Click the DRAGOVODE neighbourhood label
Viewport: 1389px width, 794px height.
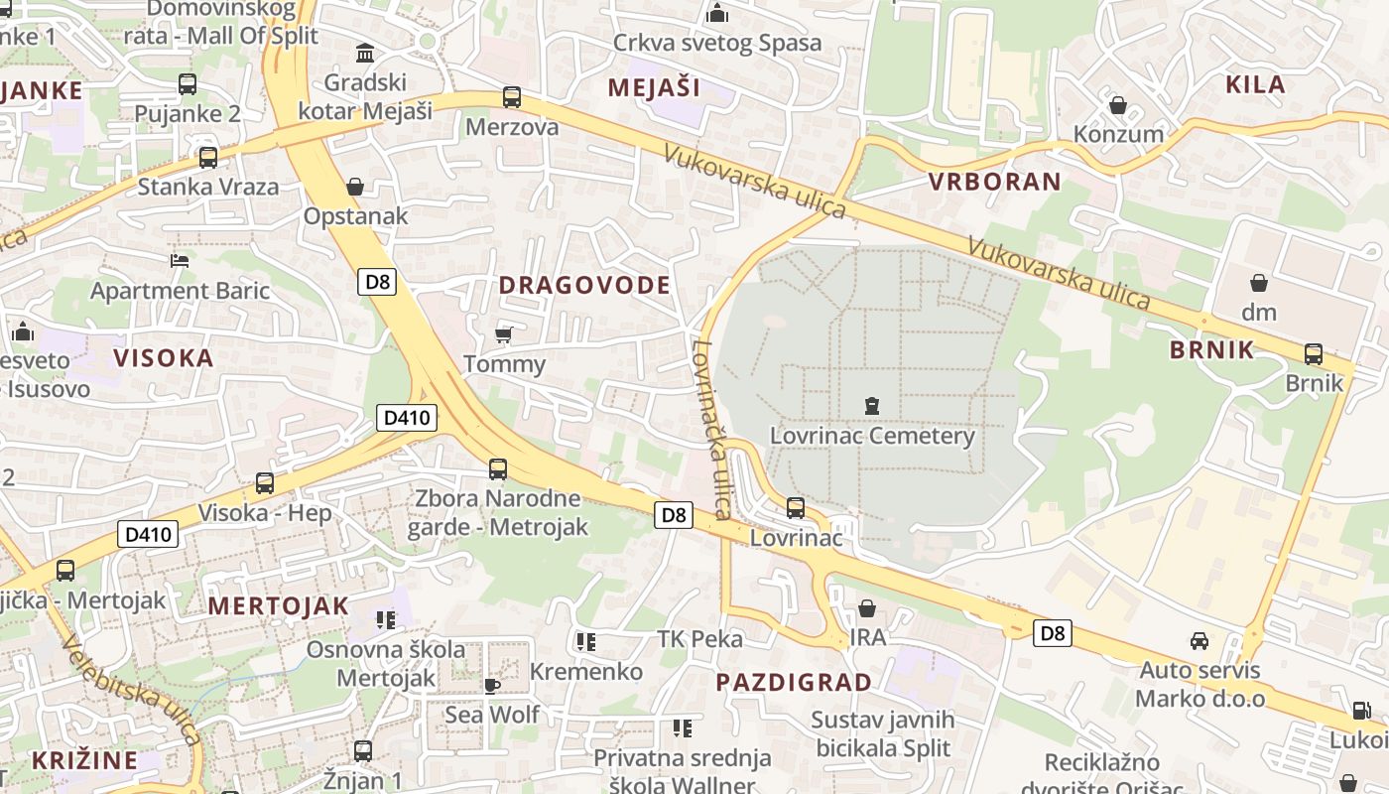click(584, 286)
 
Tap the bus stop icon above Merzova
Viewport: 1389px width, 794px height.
click(512, 97)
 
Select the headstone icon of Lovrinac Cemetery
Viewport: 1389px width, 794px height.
click(872, 405)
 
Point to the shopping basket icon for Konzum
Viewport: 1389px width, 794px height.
click(1118, 104)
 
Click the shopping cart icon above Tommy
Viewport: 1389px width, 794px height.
click(504, 334)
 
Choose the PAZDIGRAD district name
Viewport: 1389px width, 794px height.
click(794, 683)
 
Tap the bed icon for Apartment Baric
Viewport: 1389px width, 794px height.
click(180, 261)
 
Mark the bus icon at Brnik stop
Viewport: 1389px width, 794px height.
click(1314, 353)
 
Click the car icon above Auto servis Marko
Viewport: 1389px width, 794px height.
click(1200, 640)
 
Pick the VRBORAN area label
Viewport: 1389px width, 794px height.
click(995, 182)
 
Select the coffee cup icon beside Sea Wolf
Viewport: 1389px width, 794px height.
click(491, 685)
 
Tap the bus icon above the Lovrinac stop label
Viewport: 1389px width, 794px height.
click(796, 508)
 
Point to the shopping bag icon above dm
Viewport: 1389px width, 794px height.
click(1259, 283)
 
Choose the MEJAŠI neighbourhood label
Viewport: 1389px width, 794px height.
click(654, 87)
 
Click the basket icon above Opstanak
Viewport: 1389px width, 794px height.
click(355, 187)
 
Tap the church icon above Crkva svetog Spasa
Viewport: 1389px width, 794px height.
click(717, 14)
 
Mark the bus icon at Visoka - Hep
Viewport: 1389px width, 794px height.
click(265, 483)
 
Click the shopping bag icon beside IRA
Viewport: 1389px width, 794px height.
click(867, 608)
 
